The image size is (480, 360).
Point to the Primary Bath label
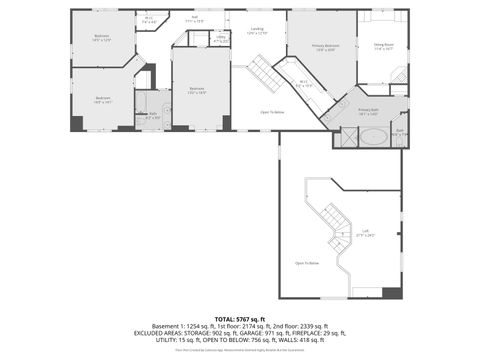coord(367,111)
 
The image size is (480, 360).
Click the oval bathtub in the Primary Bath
coord(375,137)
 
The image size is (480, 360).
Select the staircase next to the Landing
coord(262,73)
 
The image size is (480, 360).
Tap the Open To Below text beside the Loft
coord(306,262)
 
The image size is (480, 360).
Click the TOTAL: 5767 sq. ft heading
coord(240,318)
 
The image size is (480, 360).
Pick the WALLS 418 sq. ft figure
coord(307,339)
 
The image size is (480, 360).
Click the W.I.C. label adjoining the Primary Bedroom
coord(304,84)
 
